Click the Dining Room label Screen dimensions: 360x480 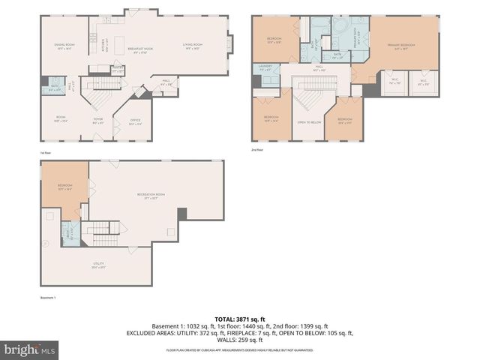[64, 46]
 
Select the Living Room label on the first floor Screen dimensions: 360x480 [193, 46]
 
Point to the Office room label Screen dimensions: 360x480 [135, 121]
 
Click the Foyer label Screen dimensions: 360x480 [97, 118]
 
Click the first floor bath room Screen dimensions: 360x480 [55, 88]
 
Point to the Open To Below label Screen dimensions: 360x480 [309, 121]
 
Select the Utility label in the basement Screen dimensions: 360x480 [98, 263]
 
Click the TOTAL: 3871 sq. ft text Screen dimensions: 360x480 [240, 319]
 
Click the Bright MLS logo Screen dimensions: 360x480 [30, 349]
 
